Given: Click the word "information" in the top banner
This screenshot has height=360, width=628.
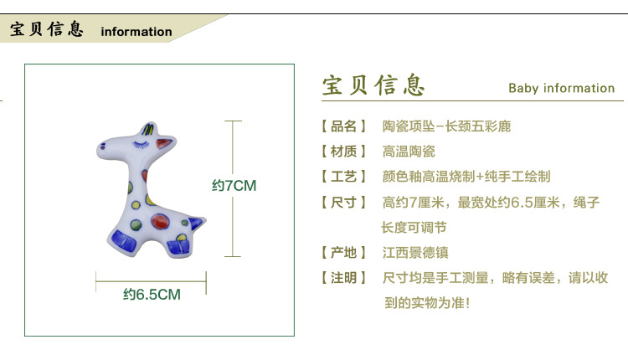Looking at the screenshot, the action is click(x=136, y=32).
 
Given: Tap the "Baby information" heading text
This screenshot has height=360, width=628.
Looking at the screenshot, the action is click(x=562, y=88).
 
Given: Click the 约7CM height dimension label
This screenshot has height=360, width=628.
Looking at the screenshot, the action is click(x=234, y=186).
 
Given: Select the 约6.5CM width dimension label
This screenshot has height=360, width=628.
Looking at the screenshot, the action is click(x=152, y=295).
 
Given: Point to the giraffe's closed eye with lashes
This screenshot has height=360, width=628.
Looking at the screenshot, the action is click(x=141, y=144).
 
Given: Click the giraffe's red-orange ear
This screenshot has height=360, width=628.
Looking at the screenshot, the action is click(x=165, y=142).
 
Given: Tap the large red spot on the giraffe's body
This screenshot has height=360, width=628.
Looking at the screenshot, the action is click(x=160, y=222).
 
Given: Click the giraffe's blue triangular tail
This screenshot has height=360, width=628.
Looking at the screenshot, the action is click(x=196, y=223).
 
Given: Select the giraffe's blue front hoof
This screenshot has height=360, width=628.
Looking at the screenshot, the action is click(x=124, y=240).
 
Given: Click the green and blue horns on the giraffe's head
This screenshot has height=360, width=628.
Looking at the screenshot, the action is click(x=147, y=129).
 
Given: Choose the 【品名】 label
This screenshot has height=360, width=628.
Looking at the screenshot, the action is click(x=343, y=126).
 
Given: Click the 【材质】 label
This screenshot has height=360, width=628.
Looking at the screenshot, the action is click(x=343, y=152).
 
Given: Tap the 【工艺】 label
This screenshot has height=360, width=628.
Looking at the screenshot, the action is click(x=343, y=177).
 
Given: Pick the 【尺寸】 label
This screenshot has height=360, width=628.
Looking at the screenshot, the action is click(x=343, y=203).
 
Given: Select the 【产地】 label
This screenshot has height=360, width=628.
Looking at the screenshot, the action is click(x=343, y=253).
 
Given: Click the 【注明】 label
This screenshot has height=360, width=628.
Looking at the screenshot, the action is click(x=343, y=278).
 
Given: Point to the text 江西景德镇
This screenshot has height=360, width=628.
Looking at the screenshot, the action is click(x=415, y=253).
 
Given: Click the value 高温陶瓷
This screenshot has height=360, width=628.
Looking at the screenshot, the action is click(x=409, y=152).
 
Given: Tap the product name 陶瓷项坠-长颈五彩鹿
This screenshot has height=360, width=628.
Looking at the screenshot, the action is click(x=446, y=126).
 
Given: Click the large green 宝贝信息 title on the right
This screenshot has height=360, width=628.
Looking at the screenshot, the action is click(x=373, y=85).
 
